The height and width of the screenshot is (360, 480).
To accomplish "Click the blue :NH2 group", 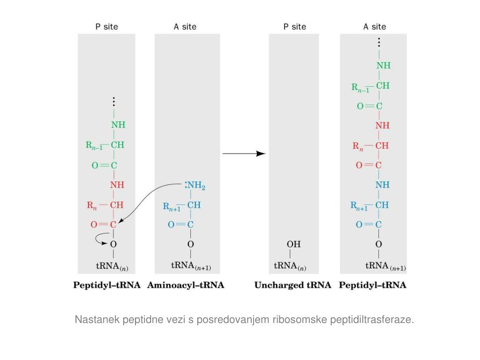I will pos(195,186).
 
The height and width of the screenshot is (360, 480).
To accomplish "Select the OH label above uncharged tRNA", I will pos(293,244).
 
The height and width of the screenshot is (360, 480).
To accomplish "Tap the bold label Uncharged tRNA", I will pos(292,285).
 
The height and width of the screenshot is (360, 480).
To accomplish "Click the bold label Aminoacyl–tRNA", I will pos(186,285).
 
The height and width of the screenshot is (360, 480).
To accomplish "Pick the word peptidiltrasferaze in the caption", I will pos(372,320).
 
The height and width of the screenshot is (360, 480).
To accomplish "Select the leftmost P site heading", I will pos(106,27).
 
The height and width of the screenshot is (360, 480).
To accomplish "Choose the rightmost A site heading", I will pos(375,27).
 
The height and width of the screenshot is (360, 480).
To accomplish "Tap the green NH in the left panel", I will pos(118,125).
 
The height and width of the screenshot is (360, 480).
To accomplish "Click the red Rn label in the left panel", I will pos(91,205).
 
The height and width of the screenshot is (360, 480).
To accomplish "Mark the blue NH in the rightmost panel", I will pos(382,185).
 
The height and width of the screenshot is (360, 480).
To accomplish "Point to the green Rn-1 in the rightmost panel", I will pos(360,87).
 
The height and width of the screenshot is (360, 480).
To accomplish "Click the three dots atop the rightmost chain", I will pos(379,42).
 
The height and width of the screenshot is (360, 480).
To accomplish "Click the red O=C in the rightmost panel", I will pos(369,165).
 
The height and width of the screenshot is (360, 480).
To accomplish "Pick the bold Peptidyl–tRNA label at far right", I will pos(373,285).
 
